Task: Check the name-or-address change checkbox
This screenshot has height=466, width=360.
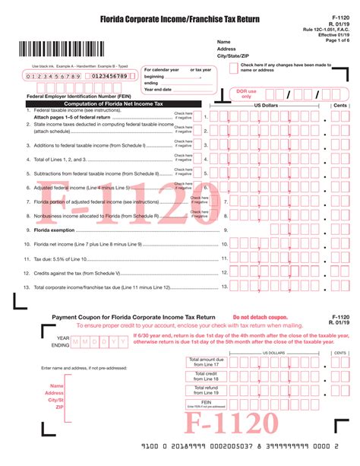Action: [233, 68]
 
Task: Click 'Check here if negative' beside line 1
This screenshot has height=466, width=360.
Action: [183, 116]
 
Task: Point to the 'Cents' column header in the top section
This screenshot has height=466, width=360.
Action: [340, 105]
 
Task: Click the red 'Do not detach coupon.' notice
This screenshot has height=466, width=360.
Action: [261, 317]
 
